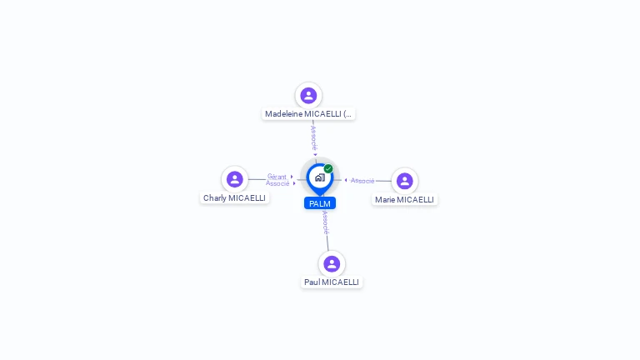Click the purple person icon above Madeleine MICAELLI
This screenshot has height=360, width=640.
[x=308, y=96]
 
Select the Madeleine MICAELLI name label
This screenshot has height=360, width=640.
[x=308, y=113]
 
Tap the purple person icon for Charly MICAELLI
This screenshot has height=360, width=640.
[x=235, y=179]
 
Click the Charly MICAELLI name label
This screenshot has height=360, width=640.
[x=234, y=198]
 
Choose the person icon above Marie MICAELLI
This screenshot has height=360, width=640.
[x=404, y=181]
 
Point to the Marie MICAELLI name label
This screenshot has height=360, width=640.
[x=404, y=200]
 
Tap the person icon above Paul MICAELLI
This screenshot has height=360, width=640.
[x=332, y=264]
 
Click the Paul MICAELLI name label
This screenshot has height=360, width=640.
[x=332, y=282]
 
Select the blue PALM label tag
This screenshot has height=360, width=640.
[x=320, y=203]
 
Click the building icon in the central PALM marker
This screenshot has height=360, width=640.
[x=319, y=177]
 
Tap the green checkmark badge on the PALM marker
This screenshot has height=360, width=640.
[x=328, y=169]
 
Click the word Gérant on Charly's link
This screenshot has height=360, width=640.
[x=277, y=177]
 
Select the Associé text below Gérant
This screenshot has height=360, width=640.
[x=277, y=183]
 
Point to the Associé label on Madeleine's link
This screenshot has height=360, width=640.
[x=313, y=138]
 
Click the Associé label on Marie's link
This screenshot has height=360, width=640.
[x=362, y=181]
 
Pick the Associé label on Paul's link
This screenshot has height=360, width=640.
[x=325, y=222]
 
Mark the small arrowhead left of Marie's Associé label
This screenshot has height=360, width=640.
[x=346, y=180]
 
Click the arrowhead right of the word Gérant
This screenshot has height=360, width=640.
[x=292, y=177]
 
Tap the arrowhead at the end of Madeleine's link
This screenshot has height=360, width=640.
[x=315, y=155]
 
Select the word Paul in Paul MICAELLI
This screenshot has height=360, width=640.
[x=312, y=282]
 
